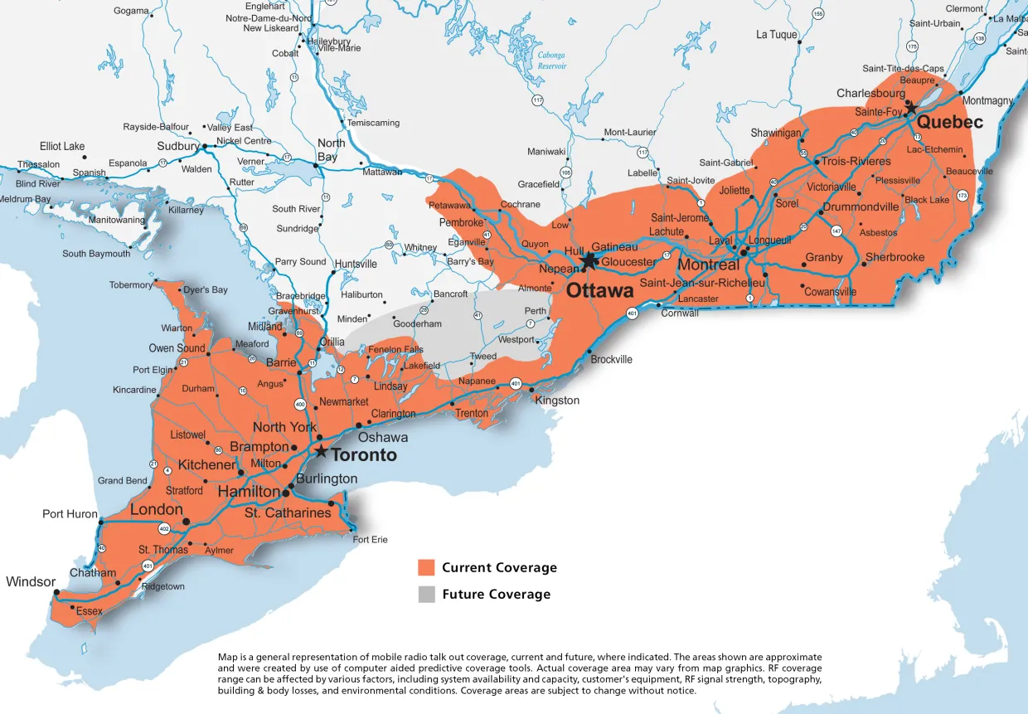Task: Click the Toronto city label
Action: click(x=364, y=455)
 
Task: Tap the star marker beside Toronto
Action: click(x=321, y=451)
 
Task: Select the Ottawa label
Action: click(x=600, y=291)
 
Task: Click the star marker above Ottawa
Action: click(x=589, y=261)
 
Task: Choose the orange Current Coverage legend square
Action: click(x=426, y=568)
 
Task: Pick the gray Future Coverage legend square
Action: click(x=426, y=594)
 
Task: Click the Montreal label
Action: click(x=708, y=265)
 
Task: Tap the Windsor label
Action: click(x=31, y=581)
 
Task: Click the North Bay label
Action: click(x=327, y=150)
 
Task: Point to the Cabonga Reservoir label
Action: click(x=552, y=60)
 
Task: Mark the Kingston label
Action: click(x=558, y=401)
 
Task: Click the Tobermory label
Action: click(x=131, y=285)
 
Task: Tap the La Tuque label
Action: click(x=777, y=35)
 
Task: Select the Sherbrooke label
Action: click(x=895, y=258)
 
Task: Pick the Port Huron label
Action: click(x=70, y=514)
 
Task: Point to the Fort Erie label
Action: click(x=370, y=540)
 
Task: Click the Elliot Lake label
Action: click(x=62, y=146)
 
